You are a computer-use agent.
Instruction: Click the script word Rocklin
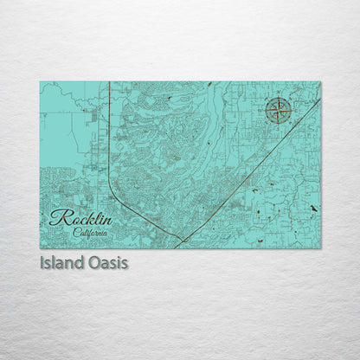click(x=80, y=218)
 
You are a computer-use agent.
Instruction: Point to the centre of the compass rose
click(x=278, y=111)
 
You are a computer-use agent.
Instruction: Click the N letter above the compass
click(x=278, y=98)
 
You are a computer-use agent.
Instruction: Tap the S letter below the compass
click(x=278, y=124)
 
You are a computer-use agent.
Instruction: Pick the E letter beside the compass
click(x=291, y=111)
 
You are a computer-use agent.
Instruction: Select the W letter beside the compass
click(x=265, y=111)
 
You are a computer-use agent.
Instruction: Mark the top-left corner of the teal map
click(x=41, y=82)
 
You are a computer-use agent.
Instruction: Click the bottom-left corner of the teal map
click(x=41, y=247)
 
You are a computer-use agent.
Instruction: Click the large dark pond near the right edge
click(x=313, y=209)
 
